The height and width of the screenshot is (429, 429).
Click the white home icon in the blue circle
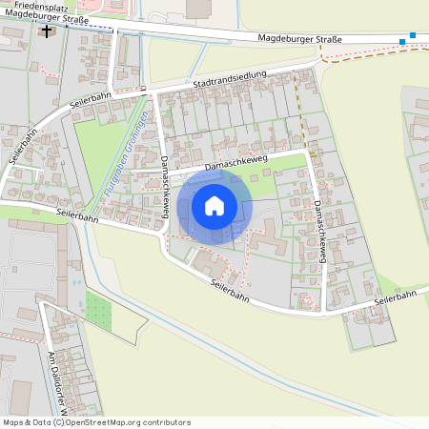pos(214,205)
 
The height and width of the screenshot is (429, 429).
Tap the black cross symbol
pos(47,31)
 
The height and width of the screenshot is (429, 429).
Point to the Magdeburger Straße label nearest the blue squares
pos(296,40)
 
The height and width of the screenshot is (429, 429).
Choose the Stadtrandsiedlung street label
pos(233,84)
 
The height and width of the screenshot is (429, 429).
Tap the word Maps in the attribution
pos(13,422)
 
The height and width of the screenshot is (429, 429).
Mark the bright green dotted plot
pos(99,307)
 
